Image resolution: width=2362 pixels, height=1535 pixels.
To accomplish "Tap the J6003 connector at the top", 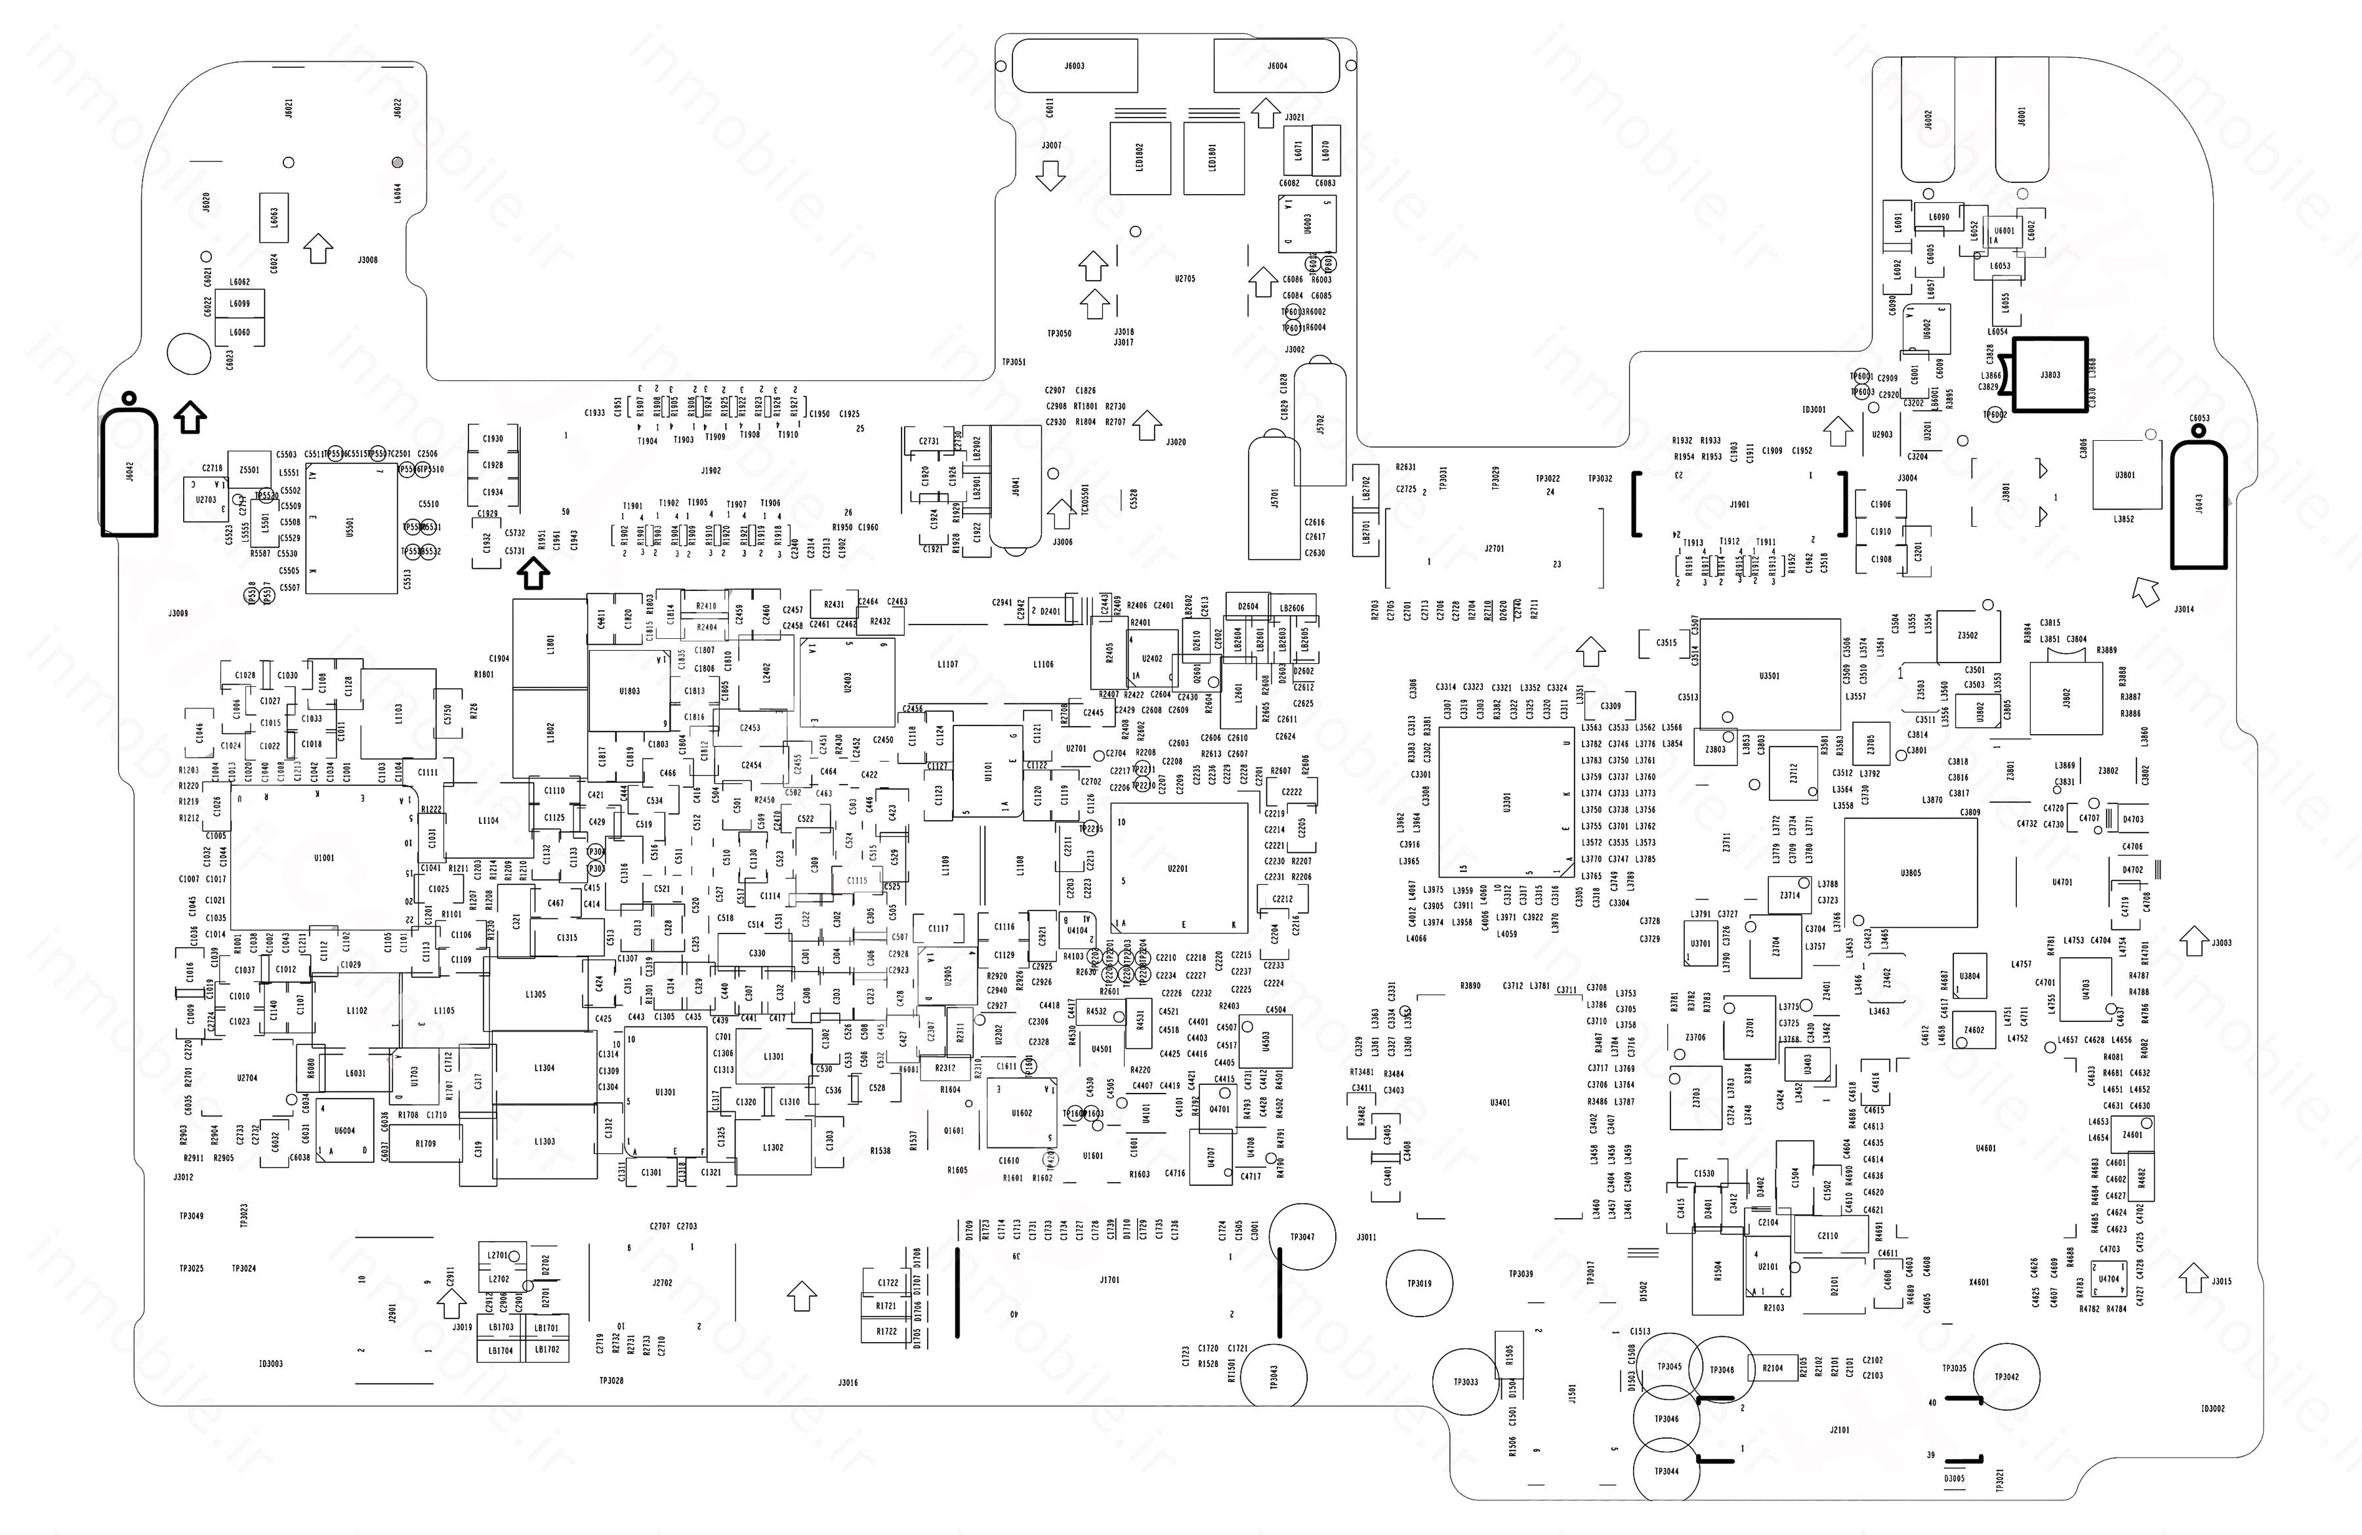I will click(x=1074, y=66).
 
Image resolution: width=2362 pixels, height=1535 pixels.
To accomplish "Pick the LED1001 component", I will click(x=1212, y=159).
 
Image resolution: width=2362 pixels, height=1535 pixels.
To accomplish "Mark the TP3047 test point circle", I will click(x=1302, y=1237).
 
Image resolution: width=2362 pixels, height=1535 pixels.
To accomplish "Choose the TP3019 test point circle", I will click(x=1419, y=1283).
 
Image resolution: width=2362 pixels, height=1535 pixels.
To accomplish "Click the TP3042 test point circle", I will click(x=2006, y=1376).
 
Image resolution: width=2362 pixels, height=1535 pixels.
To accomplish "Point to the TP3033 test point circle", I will click(x=1466, y=1381).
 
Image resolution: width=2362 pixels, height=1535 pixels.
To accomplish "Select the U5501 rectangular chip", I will click(x=350, y=528).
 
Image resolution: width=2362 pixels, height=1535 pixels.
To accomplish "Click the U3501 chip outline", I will click(x=1770, y=676).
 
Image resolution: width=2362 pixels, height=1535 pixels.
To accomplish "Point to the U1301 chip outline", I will click(x=665, y=1092).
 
